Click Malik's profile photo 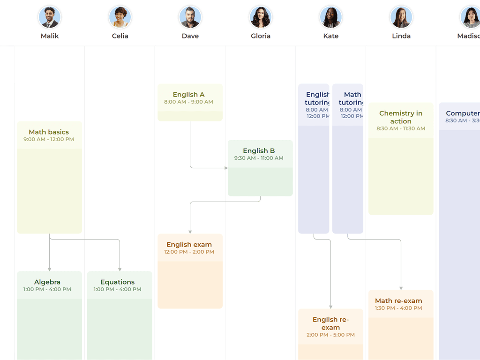(49, 17)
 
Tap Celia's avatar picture (120, 17)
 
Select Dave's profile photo (190, 17)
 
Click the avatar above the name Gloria (261, 17)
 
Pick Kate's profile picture (331, 17)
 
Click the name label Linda (401, 36)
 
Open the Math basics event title (49, 132)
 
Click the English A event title (188, 95)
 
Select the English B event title (259, 151)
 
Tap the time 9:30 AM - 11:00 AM (259, 158)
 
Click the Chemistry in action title (401, 117)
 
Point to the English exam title (189, 245)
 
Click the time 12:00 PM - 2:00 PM (189, 252)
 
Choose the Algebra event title (47, 282)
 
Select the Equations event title (118, 282)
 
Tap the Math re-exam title (398, 301)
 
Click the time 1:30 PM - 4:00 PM (398, 308)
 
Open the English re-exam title (330, 323)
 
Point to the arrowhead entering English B (225, 168)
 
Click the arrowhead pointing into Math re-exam (401, 288)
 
